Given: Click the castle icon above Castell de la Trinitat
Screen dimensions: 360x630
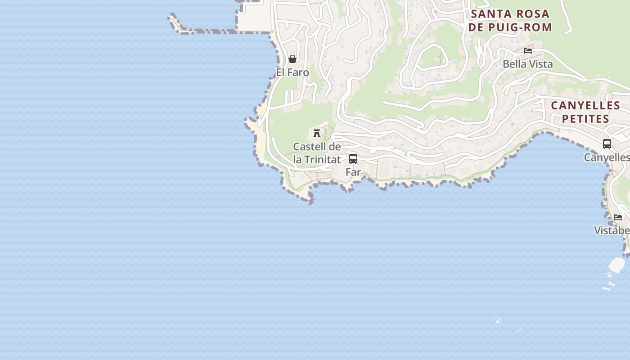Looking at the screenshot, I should tap(317, 133).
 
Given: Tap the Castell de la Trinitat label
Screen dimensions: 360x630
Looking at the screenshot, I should tap(317, 153).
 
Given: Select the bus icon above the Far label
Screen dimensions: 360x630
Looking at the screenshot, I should tap(353, 158).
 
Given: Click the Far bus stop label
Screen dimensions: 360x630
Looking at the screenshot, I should tap(353, 171).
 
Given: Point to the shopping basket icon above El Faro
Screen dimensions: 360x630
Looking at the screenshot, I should tap(292, 59).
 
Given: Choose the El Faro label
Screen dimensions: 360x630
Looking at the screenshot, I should tap(292, 72).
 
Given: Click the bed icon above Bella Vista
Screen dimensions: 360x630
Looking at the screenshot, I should tap(528, 51).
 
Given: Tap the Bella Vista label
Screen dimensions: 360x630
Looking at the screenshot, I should tap(527, 64).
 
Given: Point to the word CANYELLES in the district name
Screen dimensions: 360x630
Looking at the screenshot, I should tap(585, 106).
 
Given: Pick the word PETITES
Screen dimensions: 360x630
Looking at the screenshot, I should tap(585, 119).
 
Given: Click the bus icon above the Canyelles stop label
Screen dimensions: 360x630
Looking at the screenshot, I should tap(607, 144).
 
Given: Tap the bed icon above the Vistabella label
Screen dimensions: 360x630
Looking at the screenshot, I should tap(618, 217).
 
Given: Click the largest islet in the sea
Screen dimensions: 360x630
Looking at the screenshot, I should tap(616, 264).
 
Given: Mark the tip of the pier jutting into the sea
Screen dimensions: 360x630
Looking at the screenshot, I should tap(171, 17).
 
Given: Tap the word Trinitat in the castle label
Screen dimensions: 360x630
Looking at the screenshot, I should tap(322, 159).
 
